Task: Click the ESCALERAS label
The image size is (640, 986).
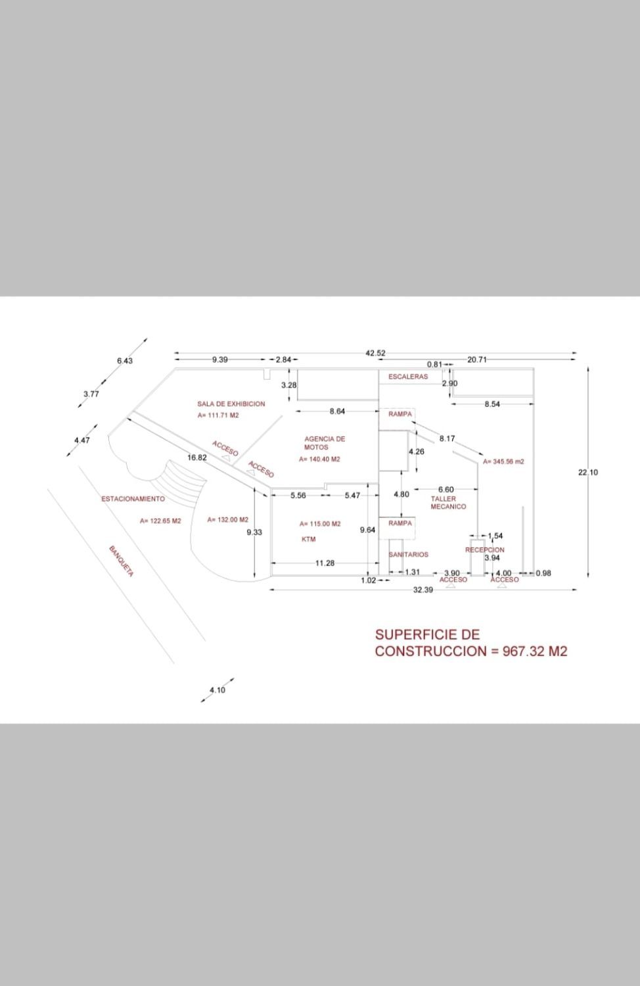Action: (407, 377)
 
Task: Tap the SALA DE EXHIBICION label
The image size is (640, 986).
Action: (231, 404)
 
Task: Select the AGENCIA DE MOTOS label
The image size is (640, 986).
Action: (324, 442)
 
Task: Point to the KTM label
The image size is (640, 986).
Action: (308, 540)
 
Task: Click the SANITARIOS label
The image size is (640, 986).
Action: (408, 555)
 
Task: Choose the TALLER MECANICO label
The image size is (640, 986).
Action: (448, 503)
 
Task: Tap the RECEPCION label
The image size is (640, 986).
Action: (484, 550)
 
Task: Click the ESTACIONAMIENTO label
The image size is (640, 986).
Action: (133, 499)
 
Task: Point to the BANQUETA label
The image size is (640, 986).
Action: (122, 561)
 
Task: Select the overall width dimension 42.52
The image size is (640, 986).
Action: (375, 354)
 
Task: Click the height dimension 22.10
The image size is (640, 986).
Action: (588, 472)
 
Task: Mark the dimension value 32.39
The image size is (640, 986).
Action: (423, 590)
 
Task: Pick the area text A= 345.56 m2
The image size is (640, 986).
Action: (503, 462)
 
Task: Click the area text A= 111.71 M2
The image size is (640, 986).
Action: (218, 416)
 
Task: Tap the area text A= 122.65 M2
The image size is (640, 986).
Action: (160, 521)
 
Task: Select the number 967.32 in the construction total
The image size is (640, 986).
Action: (524, 651)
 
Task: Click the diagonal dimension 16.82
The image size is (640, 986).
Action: (197, 457)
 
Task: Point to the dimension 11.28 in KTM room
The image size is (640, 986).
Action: (325, 563)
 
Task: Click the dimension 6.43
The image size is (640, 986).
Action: (124, 361)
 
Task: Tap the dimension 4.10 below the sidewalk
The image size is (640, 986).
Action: (217, 690)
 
